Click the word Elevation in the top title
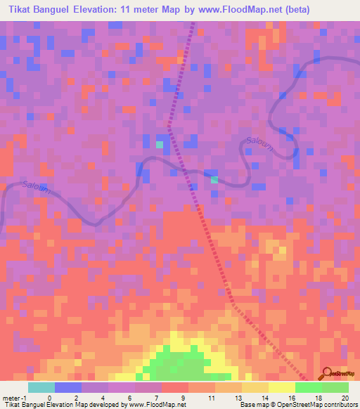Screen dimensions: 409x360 [100, 9]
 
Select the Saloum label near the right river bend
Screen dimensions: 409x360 [259, 142]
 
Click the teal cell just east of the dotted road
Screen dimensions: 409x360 [214, 180]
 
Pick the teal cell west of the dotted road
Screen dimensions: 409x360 [160, 145]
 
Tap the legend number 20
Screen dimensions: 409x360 [347, 398]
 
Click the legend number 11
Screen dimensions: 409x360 [212, 398]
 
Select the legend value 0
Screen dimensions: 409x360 [49, 398]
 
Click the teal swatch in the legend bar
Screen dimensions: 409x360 [41, 387]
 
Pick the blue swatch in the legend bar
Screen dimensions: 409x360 [68, 387]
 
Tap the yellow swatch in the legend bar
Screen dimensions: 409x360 [281, 387]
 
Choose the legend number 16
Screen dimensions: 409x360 [293, 398]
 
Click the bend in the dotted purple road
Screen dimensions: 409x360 [169, 126]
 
